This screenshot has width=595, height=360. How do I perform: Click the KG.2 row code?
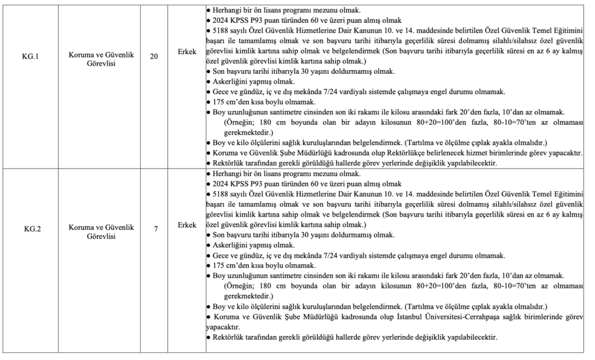point(31,228)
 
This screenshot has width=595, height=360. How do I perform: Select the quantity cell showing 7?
point(156,228)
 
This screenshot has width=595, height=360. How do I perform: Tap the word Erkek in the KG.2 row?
point(187,224)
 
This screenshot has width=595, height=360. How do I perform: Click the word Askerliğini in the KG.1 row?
point(230,82)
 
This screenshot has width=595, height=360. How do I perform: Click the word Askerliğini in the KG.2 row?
point(230,246)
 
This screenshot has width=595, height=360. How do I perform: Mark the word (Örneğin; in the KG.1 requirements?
point(240,121)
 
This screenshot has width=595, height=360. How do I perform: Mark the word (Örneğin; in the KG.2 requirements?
point(240,286)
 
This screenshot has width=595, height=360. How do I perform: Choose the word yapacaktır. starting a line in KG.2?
point(222,327)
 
